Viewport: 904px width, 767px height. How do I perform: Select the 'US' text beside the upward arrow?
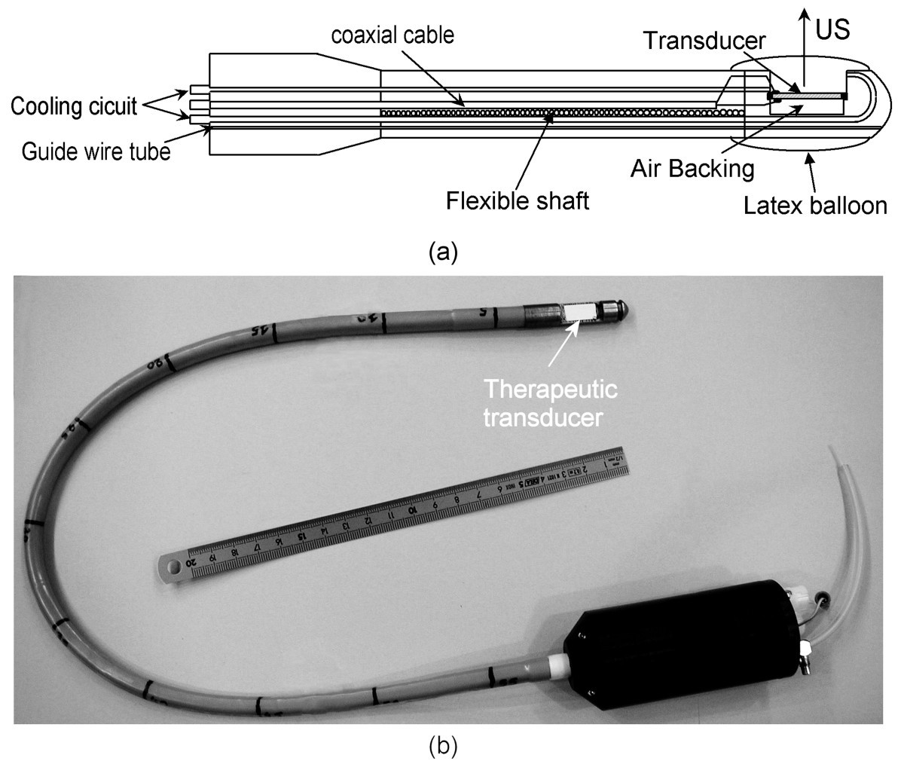[832, 29]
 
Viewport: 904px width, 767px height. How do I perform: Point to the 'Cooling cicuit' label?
[74, 105]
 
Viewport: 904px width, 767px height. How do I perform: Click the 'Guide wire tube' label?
[95, 151]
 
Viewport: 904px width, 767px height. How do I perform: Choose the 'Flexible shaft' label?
[517, 201]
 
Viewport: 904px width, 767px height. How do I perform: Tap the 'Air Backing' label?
[692, 168]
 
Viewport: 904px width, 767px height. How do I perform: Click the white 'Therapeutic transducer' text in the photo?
[551, 403]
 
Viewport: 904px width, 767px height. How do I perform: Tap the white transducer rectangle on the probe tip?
[580, 311]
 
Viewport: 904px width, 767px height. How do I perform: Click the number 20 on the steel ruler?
[192, 559]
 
